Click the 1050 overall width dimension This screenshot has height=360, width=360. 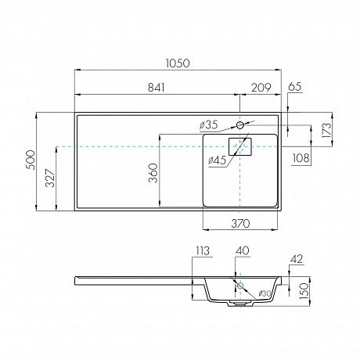pyautogui.click(x=178, y=63)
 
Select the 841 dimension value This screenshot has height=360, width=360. pyautogui.click(x=157, y=88)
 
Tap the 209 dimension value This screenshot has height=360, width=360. pyautogui.click(x=261, y=88)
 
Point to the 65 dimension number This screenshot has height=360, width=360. pyautogui.click(x=295, y=87)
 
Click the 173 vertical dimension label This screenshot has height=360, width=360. pyautogui.click(x=326, y=130)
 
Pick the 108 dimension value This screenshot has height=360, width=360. pyautogui.click(x=301, y=158)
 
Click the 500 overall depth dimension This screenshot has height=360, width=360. pyautogui.click(x=31, y=160)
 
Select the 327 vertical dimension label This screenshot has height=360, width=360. pyautogui.click(x=50, y=178)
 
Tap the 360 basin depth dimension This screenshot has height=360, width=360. pyautogui.click(x=153, y=173)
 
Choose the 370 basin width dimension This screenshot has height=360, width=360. pyautogui.click(x=240, y=223)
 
